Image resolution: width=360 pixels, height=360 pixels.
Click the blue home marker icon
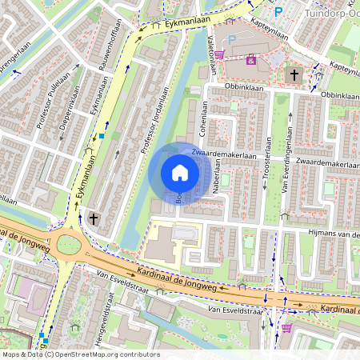[180, 173]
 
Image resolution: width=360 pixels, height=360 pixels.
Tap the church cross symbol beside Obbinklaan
[294, 76]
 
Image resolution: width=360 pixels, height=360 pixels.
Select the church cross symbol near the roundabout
[94, 218]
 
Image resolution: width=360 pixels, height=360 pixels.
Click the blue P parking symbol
[278, 12]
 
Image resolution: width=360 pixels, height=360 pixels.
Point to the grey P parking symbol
[232, 39]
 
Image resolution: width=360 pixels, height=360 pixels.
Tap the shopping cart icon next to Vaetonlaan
[219, 54]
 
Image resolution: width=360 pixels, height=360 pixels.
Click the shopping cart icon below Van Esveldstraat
[286, 327]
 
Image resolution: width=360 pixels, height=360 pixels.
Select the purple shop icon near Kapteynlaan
[251, 59]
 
